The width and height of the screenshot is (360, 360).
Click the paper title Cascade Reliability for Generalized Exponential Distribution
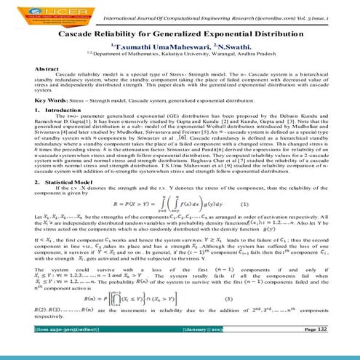click(180, 34)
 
